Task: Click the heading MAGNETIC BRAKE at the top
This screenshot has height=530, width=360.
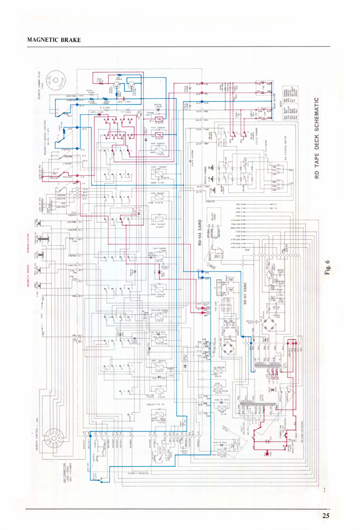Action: pos(54,40)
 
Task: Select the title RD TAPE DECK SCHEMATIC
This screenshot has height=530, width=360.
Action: pos(317,138)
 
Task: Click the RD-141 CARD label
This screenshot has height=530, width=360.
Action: pos(245,293)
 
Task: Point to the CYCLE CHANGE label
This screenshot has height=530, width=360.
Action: pos(256,138)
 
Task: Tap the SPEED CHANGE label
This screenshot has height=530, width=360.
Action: pos(205,175)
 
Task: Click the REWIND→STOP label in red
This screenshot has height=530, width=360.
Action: pos(28,243)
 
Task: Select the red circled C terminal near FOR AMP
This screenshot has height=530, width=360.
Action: pos(208,312)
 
